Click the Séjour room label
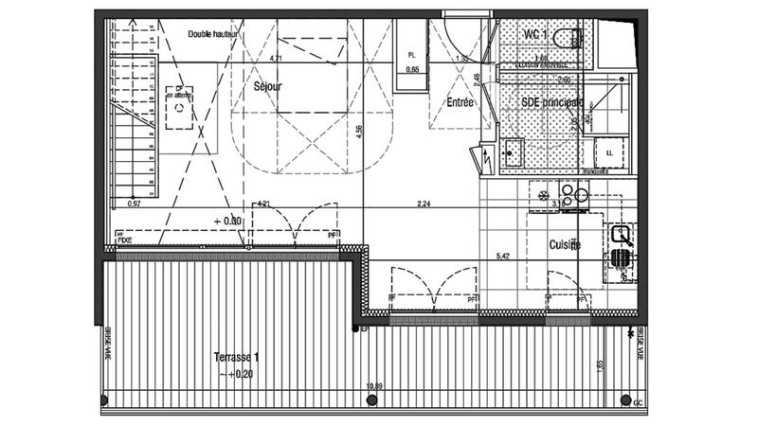pos(269,86)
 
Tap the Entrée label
pos(460,101)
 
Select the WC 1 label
pos(536,34)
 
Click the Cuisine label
pos(565,244)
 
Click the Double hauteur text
pos(211,34)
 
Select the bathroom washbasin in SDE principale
pos(514,151)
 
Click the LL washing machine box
pos(608,151)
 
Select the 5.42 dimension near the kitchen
pos(503,256)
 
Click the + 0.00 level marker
pos(228,221)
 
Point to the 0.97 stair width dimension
pos(134,203)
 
